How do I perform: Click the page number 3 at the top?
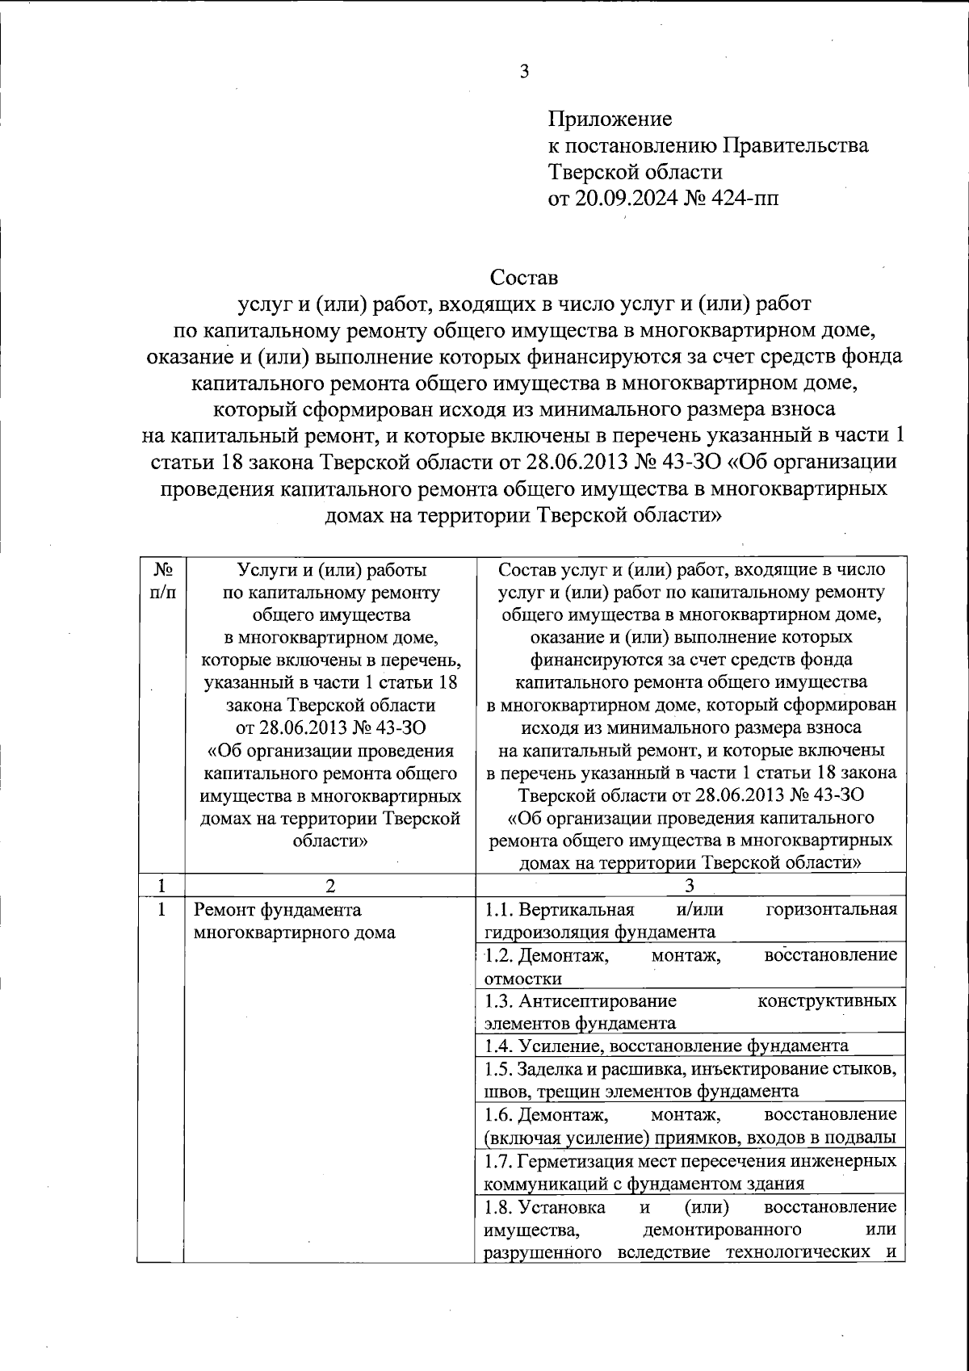(523, 72)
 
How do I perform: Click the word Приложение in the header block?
(610, 120)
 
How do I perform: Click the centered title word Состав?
(524, 278)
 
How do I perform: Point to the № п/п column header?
(161, 581)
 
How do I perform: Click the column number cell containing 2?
(329, 886)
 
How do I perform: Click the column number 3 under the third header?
(689, 886)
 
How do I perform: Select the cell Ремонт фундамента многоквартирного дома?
(295, 921)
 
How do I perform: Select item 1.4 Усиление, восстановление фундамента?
(666, 1046)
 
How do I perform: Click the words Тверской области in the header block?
(635, 172)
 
